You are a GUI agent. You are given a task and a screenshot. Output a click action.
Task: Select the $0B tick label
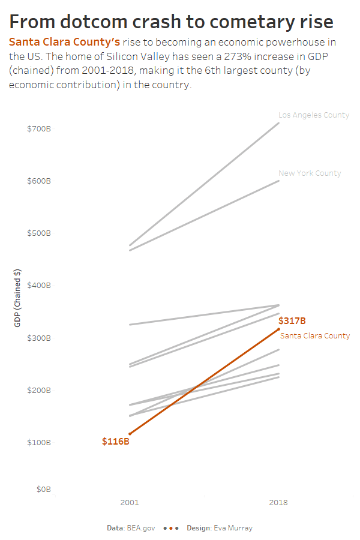pos(43,490)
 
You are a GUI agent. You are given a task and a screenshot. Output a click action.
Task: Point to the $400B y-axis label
pos(39,286)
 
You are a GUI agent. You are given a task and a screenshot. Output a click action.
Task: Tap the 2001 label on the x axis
pos(130,503)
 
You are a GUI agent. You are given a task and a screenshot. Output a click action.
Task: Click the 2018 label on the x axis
pos(278,503)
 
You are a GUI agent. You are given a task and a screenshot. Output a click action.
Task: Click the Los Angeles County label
pos(313,115)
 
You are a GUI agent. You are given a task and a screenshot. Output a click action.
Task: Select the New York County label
pos(310,173)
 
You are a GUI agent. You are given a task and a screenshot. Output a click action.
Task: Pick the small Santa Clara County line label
pos(314,336)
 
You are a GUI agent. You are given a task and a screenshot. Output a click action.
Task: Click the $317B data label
pos(292,321)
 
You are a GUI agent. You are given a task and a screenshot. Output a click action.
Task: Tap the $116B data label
pos(116,442)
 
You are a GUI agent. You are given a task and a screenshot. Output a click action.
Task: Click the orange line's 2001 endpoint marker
pos(130,433)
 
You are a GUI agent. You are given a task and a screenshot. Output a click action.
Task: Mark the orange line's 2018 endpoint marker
pos(278,329)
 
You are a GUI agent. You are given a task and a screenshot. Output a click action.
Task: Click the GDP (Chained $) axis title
pos(18,298)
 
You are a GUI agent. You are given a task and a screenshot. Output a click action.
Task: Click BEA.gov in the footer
pos(141,528)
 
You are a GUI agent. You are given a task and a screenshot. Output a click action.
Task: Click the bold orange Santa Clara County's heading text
pos(64,43)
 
